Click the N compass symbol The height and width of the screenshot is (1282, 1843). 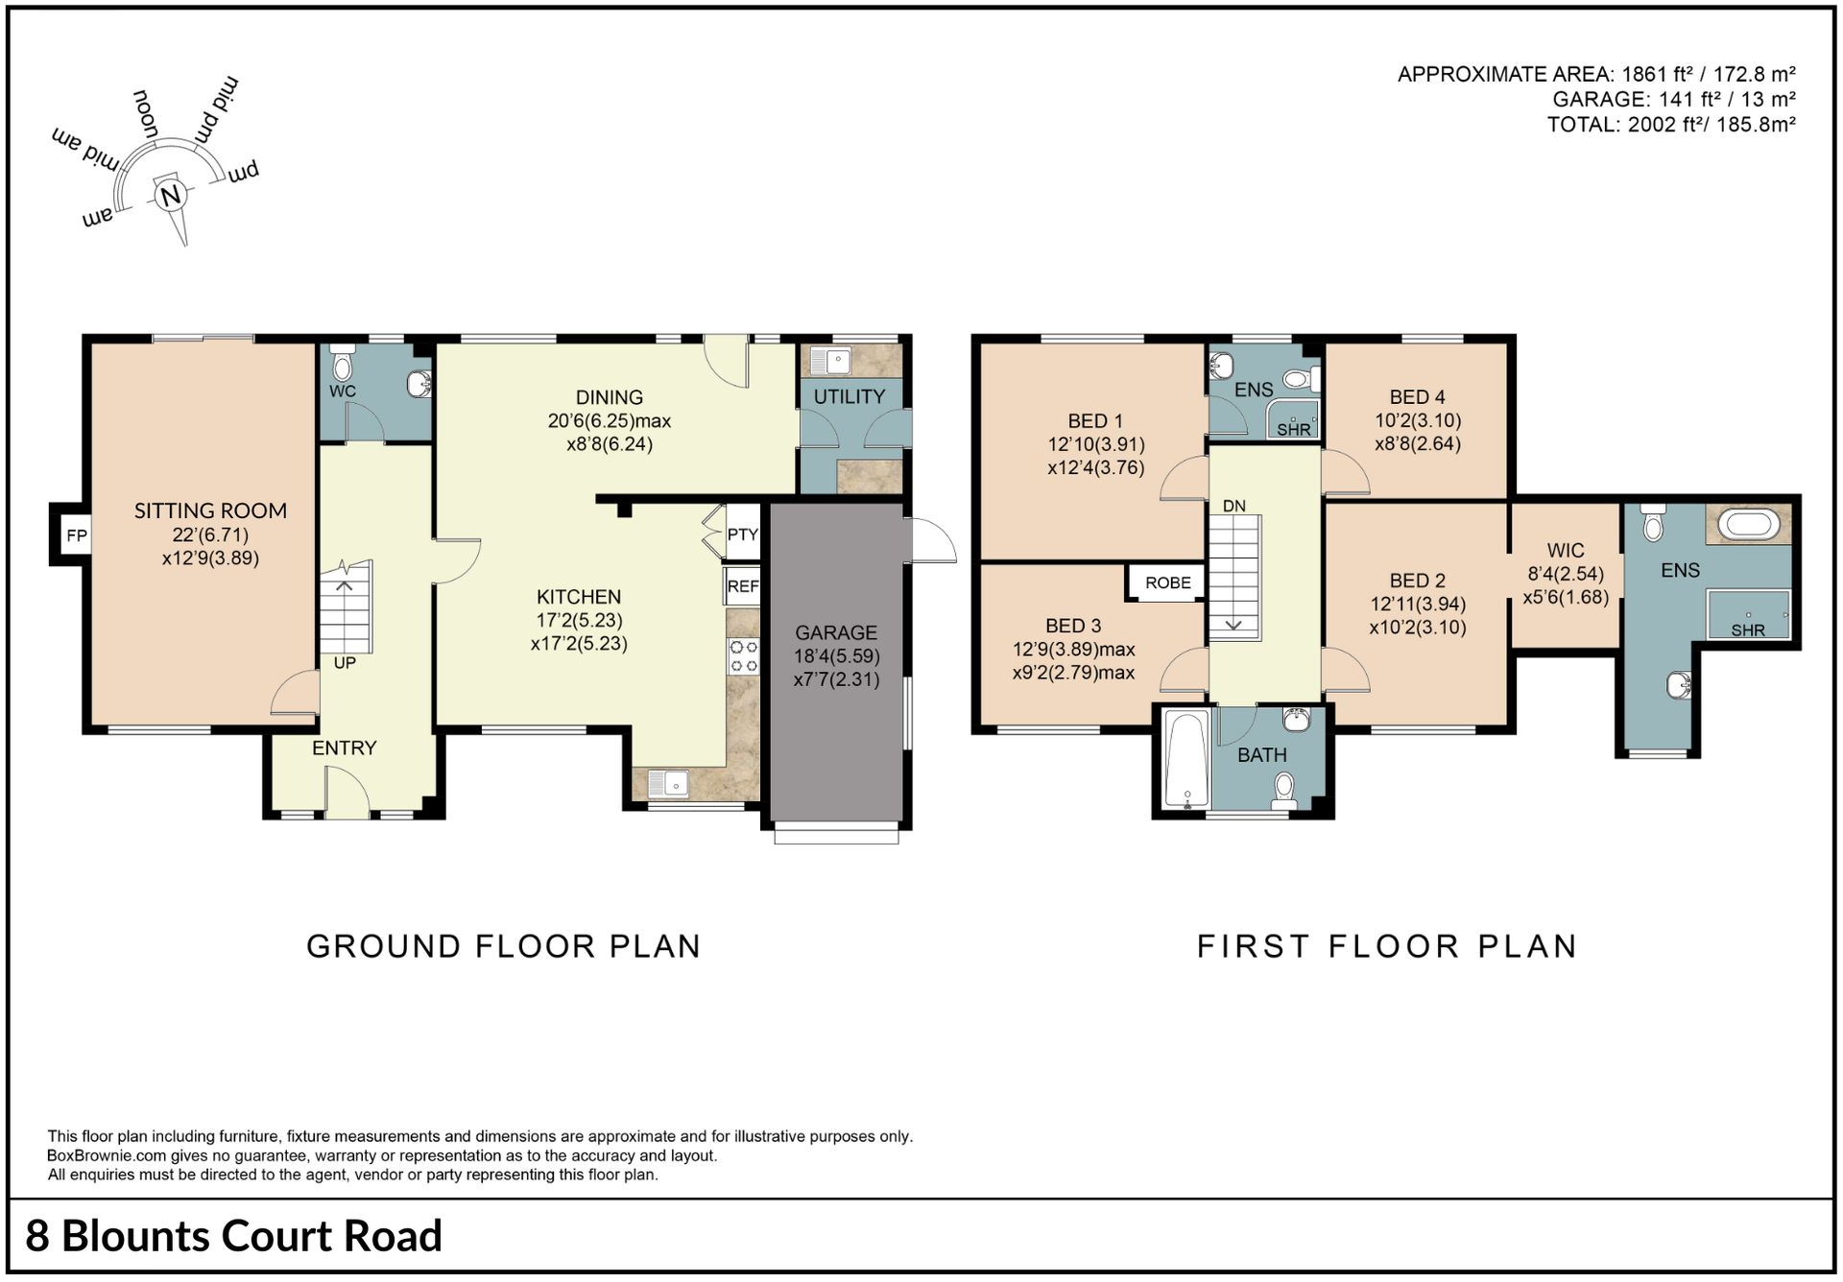[171, 196]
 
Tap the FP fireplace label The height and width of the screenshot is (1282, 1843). [77, 535]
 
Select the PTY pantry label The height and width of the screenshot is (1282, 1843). [743, 534]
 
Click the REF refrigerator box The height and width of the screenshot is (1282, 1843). [742, 585]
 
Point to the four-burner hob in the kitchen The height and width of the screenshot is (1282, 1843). [744, 656]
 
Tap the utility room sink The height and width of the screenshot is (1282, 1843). [829, 362]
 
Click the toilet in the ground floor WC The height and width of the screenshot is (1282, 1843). [342, 366]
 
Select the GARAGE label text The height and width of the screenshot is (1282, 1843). [836, 632]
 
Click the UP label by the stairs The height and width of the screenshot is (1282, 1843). [345, 662]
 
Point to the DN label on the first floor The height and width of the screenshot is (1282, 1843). [1234, 506]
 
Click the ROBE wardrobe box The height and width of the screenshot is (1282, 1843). [1167, 582]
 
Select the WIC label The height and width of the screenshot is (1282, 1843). [1566, 551]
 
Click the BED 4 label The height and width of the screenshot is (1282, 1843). [1417, 397]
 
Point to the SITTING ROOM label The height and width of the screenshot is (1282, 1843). [210, 510]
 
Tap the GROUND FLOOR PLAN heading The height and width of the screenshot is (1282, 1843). [504, 946]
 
